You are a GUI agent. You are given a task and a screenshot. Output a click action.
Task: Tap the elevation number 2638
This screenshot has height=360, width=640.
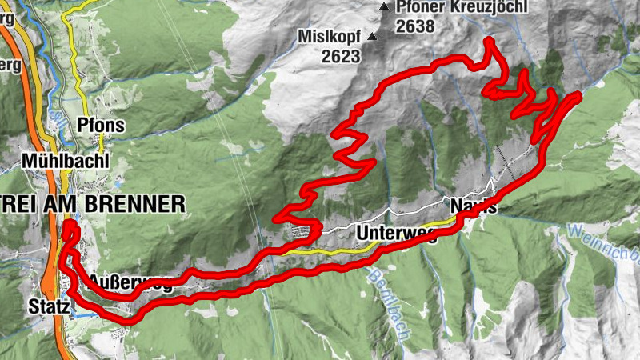click(414, 26)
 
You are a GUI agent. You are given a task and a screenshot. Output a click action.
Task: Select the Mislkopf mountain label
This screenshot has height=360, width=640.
click(328, 37)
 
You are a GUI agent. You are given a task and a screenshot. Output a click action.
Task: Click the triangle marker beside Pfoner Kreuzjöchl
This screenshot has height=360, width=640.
click(384, 7)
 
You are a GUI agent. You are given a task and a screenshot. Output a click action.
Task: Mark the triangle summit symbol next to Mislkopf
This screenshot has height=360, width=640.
click(371, 36)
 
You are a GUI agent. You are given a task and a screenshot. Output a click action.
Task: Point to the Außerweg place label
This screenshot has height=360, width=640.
click(130, 282)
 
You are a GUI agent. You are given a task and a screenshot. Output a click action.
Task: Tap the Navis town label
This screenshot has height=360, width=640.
click(473, 206)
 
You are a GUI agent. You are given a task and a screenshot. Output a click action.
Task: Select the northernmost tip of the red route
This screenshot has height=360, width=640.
click(488, 40)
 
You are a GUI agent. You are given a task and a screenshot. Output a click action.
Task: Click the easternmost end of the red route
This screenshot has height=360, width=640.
click(578, 95)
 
